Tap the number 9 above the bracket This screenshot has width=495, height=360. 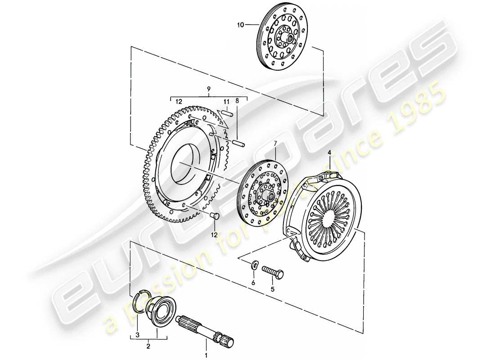[208, 90]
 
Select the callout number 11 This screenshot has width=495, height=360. [227, 102]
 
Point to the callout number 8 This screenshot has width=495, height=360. [238, 102]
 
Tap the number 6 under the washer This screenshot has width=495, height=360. [253, 283]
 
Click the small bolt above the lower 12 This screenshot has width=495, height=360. [216, 218]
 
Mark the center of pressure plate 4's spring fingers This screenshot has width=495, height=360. [328, 216]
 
